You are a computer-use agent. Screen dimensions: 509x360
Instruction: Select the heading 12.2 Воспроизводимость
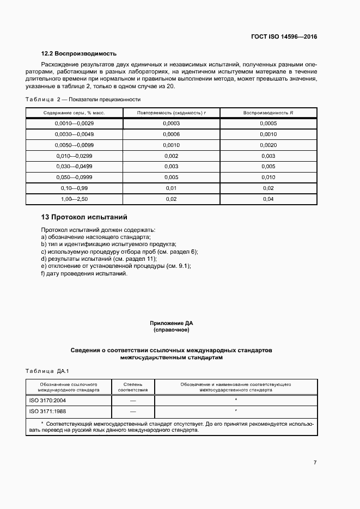coord(80,54)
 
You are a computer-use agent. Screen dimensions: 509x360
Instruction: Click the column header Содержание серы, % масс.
coord(74,113)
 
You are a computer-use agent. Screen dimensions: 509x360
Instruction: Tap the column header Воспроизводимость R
coord(269,113)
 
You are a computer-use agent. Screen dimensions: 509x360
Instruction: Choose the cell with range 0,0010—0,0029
coord(75,124)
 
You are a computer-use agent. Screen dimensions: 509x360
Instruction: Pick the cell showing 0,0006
coord(171,134)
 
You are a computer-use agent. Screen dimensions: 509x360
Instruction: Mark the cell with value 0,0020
coord(269,145)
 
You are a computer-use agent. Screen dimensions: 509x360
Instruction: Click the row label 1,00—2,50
coord(75,199)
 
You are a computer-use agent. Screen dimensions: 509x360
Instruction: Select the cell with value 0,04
coord(269,199)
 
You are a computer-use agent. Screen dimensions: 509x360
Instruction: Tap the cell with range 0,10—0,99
coord(75,188)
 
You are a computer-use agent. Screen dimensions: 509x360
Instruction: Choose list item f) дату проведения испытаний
coord(84,273)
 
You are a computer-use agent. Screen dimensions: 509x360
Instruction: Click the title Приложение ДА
coord(172,323)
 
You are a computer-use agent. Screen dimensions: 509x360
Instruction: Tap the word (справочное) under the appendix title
coord(172,330)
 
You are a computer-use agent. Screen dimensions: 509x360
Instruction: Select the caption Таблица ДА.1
coord(46,371)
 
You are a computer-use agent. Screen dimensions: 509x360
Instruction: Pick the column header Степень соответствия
coord(133,387)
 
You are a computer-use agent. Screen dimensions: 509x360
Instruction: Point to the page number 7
coord(315,463)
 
